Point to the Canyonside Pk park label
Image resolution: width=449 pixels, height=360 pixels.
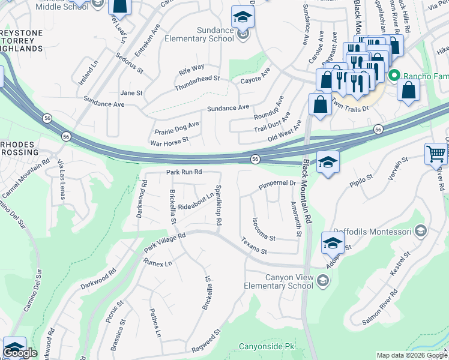[267, 347]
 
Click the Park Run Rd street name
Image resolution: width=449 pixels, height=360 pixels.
[184, 172]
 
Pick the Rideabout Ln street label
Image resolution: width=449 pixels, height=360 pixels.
[196, 202]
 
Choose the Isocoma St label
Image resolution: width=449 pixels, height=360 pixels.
[263, 229]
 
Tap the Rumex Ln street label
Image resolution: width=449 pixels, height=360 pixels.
[157, 262]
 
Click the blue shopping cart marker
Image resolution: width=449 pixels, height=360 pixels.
[436, 154]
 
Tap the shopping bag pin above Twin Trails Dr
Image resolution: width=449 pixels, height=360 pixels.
[320, 104]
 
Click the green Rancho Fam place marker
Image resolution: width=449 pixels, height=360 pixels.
[394, 76]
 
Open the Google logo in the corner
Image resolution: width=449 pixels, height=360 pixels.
[20, 353]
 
